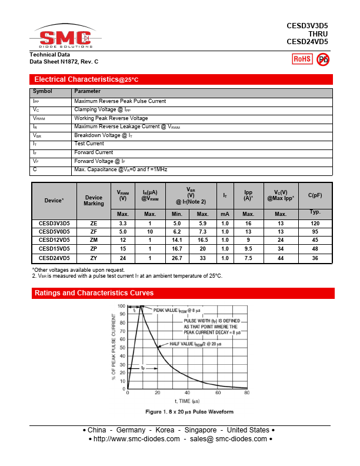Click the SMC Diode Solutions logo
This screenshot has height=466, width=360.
(x=65, y=38)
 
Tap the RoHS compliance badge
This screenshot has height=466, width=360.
(x=302, y=59)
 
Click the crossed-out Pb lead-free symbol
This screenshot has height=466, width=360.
(x=323, y=59)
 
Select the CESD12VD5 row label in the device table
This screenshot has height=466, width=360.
(x=54, y=240)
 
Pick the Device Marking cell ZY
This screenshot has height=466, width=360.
(x=94, y=258)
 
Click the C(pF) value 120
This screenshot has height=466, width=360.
(x=315, y=224)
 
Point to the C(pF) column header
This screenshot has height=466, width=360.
(x=315, y=195)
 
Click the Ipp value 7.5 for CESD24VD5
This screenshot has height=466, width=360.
(x=248, y=258)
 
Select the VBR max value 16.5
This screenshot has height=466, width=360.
(x=203, y=240)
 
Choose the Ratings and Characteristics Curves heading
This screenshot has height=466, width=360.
(x=94, y=293)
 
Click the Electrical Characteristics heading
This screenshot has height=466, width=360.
(x=86, y=79)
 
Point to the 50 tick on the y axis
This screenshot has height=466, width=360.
(x=122, y=347)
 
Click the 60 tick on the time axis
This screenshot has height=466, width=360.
(x=217, y=393)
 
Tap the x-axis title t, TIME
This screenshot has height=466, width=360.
(x=186, y=401)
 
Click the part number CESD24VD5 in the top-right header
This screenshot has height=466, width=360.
(x=307, y=42)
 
